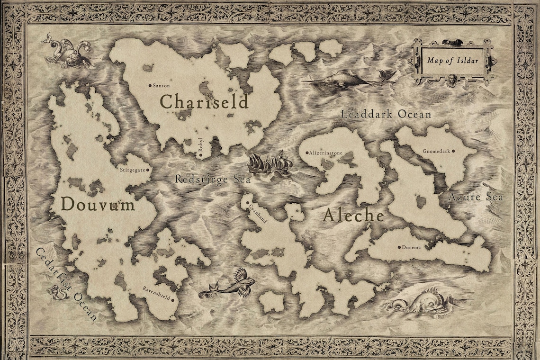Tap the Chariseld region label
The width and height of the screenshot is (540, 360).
[x=204, y=101]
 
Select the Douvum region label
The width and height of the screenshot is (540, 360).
[x=98, y=205]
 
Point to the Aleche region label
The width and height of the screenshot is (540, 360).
[x=353, y=216]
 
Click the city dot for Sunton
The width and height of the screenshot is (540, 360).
[x=150, y=86]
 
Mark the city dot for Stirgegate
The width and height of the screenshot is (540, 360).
[x=148, y=169]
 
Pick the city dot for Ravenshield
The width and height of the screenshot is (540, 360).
[x=173, y=300]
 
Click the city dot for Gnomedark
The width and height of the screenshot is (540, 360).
[x=453, y=152]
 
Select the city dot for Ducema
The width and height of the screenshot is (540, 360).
[x=399, y=247]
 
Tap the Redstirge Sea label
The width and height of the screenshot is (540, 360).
[x=212, y=180]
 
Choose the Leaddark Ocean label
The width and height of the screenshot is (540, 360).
[x=386, y=114]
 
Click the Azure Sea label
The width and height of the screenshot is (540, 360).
[x=476, y=197]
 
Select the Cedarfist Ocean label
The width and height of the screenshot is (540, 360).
[x=66, y=284]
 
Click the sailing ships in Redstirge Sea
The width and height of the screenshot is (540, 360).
[x=270, y=163]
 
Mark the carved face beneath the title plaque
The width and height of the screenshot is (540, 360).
[x=452, y=79]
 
